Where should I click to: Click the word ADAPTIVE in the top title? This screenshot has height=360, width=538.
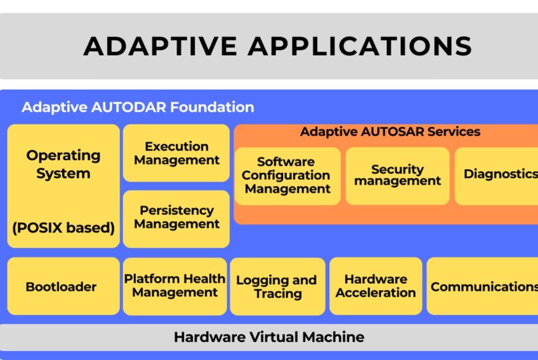(x=159, y=46)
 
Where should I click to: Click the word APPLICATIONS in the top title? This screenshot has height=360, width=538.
(x=360, y=46)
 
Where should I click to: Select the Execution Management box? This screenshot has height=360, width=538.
(x=176, y=153)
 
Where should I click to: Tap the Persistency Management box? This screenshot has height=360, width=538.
(x=176, y=218)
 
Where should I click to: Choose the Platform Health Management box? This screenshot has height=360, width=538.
(x=175, y=286)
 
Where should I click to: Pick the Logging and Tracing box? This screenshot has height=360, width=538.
(x=277, y=287)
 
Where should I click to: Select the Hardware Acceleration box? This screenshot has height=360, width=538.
(x=375, y=286)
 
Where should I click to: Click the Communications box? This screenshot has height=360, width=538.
(x=483, y=286)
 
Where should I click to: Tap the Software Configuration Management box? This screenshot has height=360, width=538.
(x=287, y=176)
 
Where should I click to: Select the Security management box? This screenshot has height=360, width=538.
(x=398, y=175)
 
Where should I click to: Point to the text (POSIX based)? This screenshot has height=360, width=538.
(x=63, y=227)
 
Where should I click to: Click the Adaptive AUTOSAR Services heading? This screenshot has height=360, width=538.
(x=390, y=132)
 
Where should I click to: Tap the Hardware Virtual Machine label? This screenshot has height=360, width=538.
(x=269, y=337)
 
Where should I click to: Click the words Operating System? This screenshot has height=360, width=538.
(x=63, y=164)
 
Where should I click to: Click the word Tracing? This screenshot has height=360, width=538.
(x=277, y=294)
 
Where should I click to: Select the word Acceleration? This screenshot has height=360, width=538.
(x=375, y=293)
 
